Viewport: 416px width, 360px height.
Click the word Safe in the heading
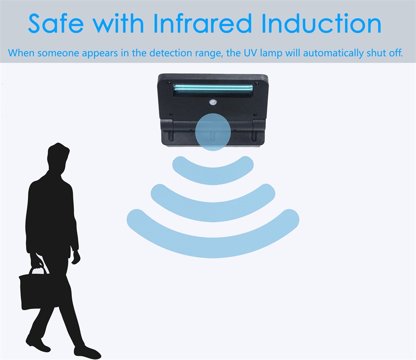[56, 23]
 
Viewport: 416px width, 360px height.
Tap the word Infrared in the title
[202, 23]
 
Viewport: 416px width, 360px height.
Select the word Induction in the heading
[321, 23]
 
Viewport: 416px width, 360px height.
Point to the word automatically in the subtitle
[333, 53]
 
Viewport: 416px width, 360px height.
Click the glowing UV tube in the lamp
[213, 87]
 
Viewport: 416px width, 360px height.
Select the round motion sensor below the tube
[213, 102]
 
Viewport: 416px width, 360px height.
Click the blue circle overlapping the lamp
[213, 132]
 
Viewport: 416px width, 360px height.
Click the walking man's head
[58, 158]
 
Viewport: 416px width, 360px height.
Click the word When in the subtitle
[21, 53]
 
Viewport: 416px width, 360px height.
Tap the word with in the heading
[119, 23]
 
